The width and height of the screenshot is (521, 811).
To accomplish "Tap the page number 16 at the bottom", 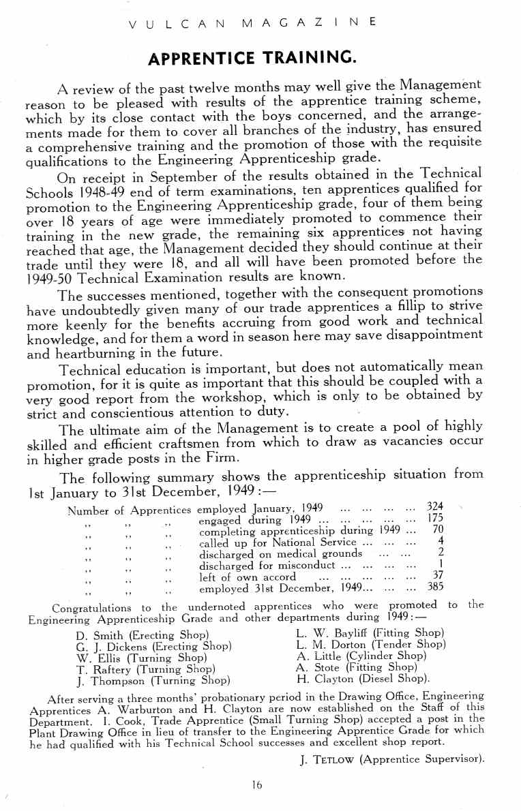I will click(x=256, y=784).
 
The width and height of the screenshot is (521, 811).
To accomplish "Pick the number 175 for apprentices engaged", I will click(x=435, y=519).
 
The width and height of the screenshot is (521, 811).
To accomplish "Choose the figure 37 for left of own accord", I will click(x=438, y=575).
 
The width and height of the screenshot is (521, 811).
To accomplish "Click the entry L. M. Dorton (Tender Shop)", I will click(x=371, y=645).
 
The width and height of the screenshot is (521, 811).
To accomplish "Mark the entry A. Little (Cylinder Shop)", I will click(x=361, y=656).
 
